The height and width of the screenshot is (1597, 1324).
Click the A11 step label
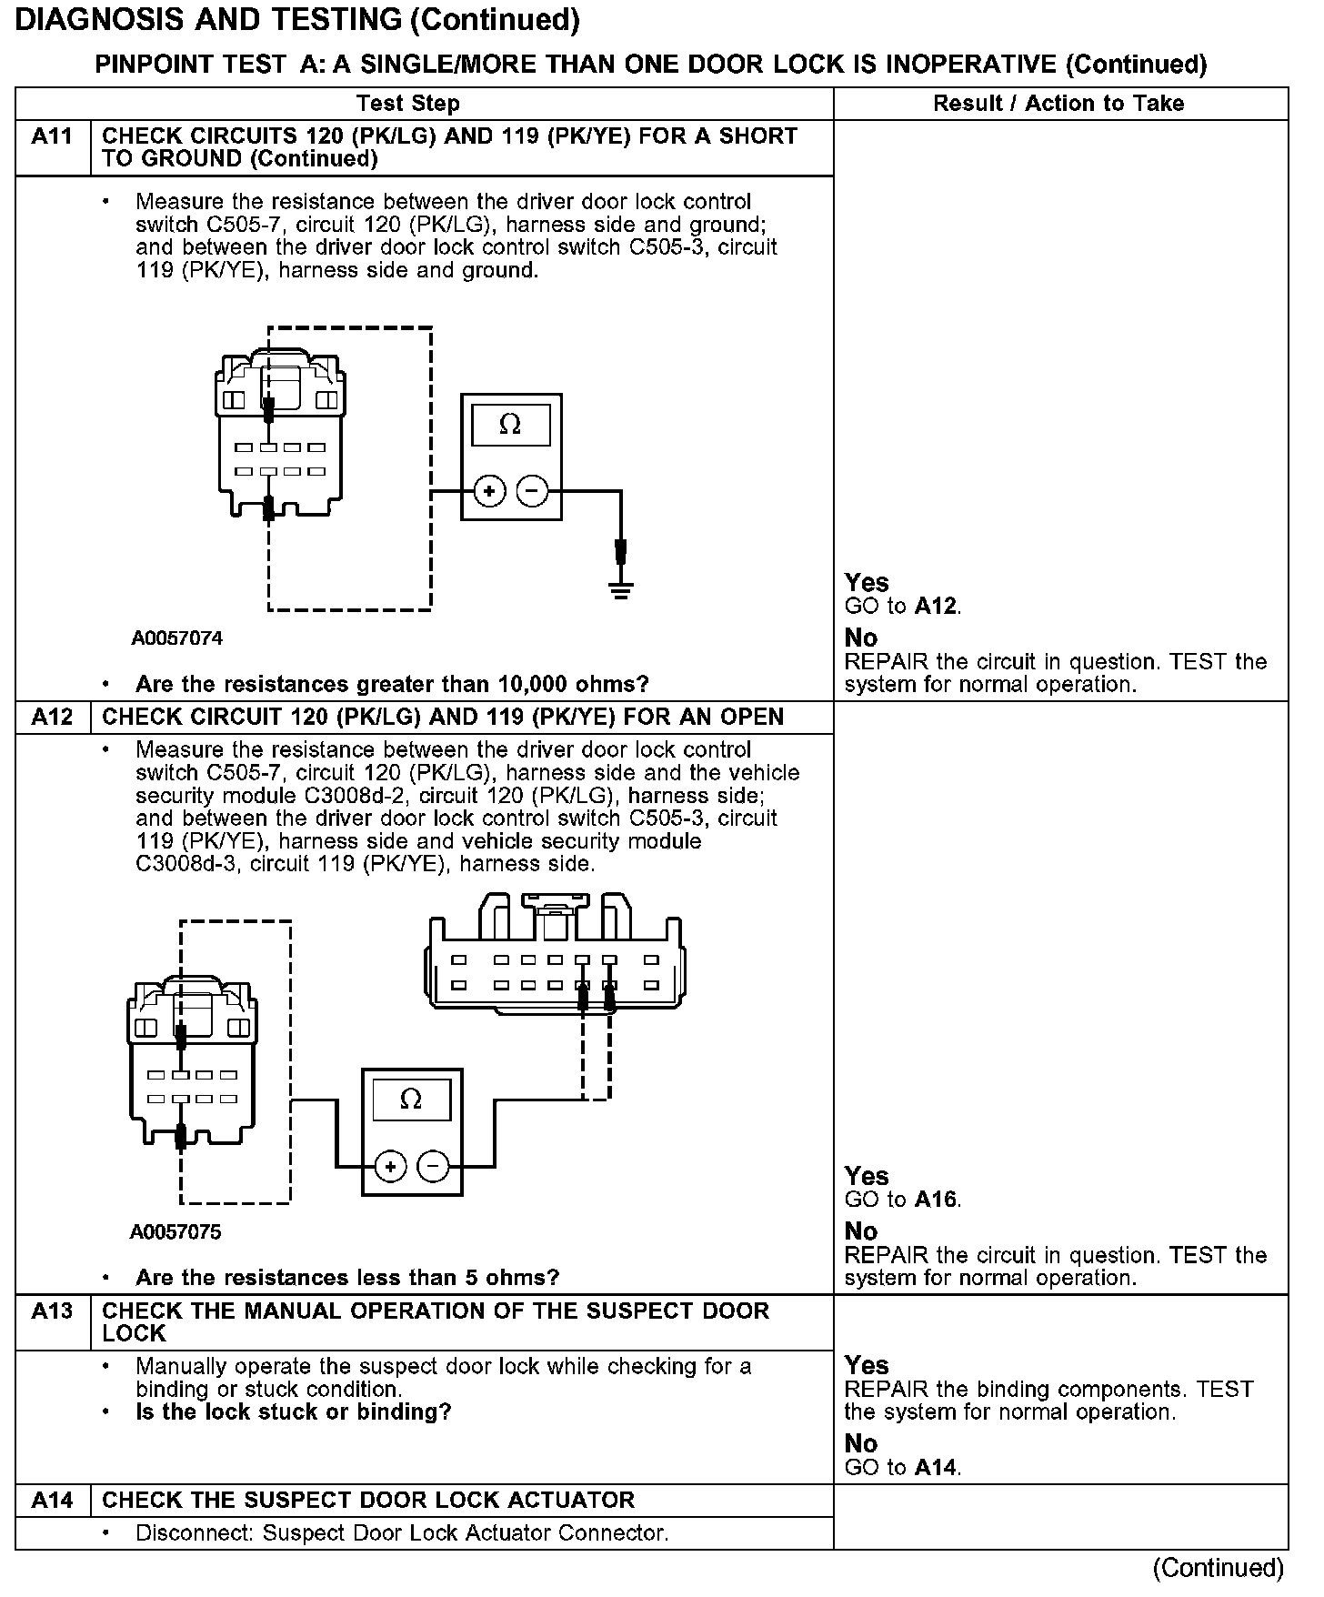pyautogui.click(x=52, y=136)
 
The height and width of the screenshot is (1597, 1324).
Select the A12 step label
pyautogui.click(x=52, y=717)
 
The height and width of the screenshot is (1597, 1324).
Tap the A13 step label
pyautogui.click(x=52, y=1311)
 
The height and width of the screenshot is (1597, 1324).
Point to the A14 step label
pyautogui.click(x=52, y=1500)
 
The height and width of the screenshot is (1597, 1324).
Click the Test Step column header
pyautogui.click(x=407, y=104)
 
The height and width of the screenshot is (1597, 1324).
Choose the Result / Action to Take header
pyautogui.click(x=1058, y=104)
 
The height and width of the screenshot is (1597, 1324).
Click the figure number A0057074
pyautogui.click(x=176, y=638)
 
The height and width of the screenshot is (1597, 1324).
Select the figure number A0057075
pyautogui.click(x=176, y=1232)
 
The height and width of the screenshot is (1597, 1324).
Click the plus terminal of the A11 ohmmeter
pyautogui.click(x=489, y=492)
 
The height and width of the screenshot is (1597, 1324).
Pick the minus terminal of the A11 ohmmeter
pyautogui.click(x=532, y=492)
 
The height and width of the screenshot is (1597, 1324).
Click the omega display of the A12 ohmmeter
pyautogui.click(x=411, y=1100)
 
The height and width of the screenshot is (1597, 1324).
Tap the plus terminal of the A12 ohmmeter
pyautogui.click(x=390, y=1166)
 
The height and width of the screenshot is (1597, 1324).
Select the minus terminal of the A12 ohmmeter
pyautogui.click(x=433, y=1166)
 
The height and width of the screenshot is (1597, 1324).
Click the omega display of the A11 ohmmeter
pyautogui.click(x=510, y=425)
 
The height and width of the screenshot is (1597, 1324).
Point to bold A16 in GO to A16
pyautogui.click(x=937, y=1200)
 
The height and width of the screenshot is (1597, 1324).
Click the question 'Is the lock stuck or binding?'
pyautogui.click(x=293, y=1412)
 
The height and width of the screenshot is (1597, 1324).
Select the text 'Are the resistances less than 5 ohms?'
pyautogui.click(x=346, y=1278)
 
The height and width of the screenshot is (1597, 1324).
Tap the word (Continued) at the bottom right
pyautogui.click(x=1218, y=1568)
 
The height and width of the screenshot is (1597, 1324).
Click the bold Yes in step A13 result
pyautogui.click(x=866, y=1365)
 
